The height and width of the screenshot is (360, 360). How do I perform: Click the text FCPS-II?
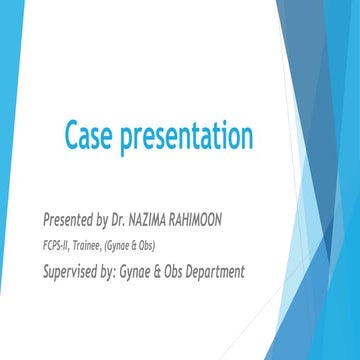click(x=59, y=245)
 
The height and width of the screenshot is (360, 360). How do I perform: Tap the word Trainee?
click(x=98, y=245)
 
